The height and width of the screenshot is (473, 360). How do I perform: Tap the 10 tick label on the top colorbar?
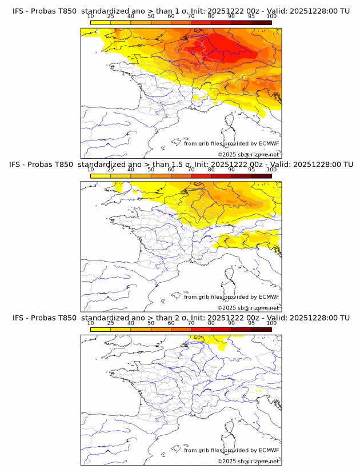pos(91,17)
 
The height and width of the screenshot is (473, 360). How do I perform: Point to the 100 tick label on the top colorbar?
pos(271,17)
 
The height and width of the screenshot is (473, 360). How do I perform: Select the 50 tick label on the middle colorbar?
pos(151,170)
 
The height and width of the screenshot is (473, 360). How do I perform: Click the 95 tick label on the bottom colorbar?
pos(251,323)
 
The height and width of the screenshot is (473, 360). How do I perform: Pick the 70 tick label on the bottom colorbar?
pos(191,323)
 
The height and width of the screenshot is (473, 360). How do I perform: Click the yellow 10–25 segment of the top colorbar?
pos(101,22)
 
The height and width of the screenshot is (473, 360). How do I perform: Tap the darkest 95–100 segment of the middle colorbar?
pos(261,176)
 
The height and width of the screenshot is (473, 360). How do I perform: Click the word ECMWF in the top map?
pos(269,143)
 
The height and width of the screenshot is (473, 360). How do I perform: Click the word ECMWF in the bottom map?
pos(269,450)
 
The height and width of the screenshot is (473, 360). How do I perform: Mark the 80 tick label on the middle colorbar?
pos(211,170)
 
